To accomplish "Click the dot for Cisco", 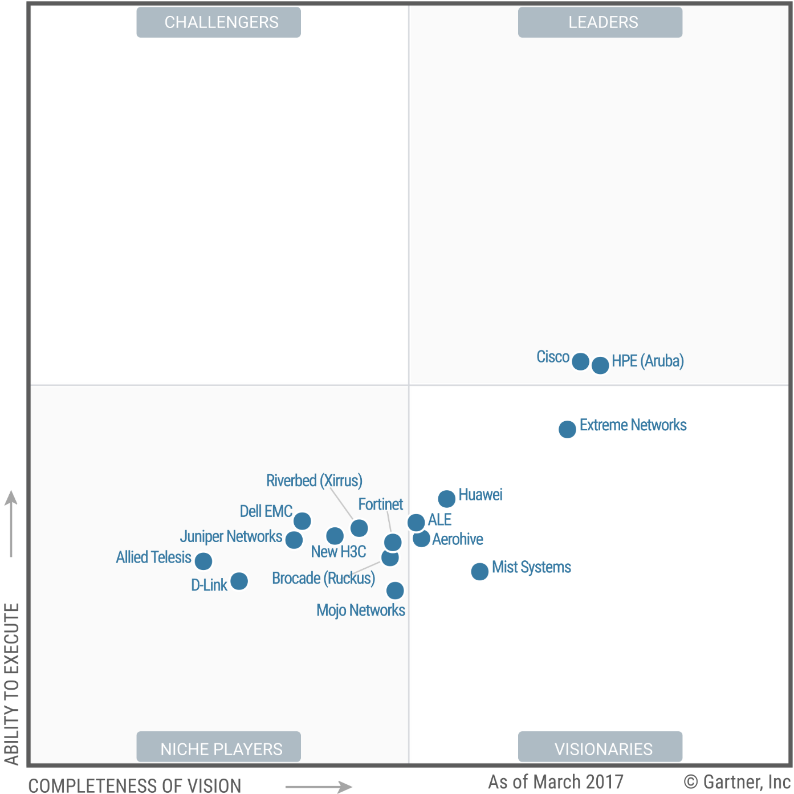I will (x=580, y=361).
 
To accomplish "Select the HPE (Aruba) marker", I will (x=600, y=365).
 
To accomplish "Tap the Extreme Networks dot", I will (x=567, y=429).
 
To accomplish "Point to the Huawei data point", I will (x=447, y=499).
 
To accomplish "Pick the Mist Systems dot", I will (x=480, y=571).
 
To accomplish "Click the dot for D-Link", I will (x=239, y=581).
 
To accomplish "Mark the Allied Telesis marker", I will (x=203, y=561).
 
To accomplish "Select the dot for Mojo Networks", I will (x=395, y=591).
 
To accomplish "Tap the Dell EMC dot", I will (x=302, y=521).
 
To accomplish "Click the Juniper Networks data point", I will (x=294, y=540).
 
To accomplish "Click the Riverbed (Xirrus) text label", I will (x=314, y=481).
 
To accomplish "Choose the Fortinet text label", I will (x=380, y=504).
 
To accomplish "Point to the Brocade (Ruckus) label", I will (x=323, y=578).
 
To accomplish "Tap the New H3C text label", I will (x=339, y=552).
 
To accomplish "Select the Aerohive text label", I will (x=457, y=539).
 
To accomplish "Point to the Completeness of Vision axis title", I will (x=135, y=785).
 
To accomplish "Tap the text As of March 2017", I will (x=556, y=781).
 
